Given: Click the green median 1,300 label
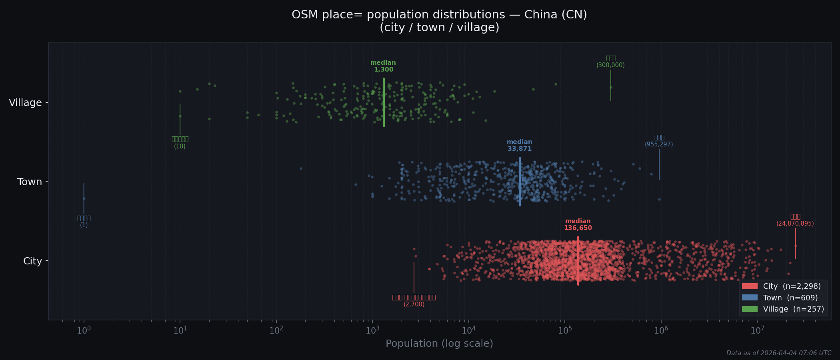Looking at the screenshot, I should click(383, 66).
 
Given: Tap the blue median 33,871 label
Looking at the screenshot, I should click(519, 146).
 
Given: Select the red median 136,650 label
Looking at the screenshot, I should click(578, 225).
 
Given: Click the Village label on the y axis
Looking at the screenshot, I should click(25, 103).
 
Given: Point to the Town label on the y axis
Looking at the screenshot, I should click(30, 182).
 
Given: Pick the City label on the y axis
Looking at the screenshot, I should click(32, 261).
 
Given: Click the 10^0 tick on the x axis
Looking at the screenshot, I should click(84, 331).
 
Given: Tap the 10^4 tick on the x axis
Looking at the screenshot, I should click(468, 331).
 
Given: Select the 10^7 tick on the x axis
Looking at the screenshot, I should click(757, 331).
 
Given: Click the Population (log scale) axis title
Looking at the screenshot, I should click(439, 344).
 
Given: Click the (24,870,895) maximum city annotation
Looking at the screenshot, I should click(795, 224).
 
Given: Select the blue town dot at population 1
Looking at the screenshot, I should click(84, 198).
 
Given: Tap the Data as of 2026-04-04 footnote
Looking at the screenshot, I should click(778, 353).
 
